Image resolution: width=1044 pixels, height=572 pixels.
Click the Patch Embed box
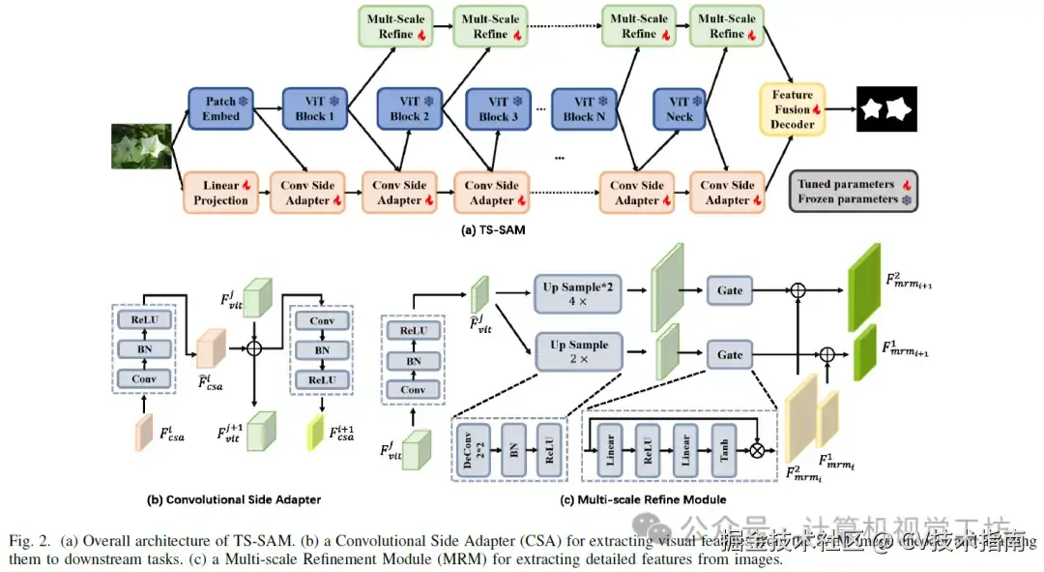[221, 107]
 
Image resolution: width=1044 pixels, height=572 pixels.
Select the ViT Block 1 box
[315, 107]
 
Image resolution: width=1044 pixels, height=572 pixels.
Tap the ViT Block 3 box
[500, 108]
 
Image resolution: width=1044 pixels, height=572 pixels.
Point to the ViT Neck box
[680, 108]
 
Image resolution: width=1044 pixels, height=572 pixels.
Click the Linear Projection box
[220, 192]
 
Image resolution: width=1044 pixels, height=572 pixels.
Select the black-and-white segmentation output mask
[886, 109]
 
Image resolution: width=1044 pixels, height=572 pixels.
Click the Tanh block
[724, 448]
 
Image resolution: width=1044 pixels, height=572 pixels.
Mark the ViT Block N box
[584, 108]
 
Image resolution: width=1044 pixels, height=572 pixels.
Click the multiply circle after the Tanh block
[759, 449]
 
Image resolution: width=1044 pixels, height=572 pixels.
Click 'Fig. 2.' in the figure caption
[29, 538]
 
